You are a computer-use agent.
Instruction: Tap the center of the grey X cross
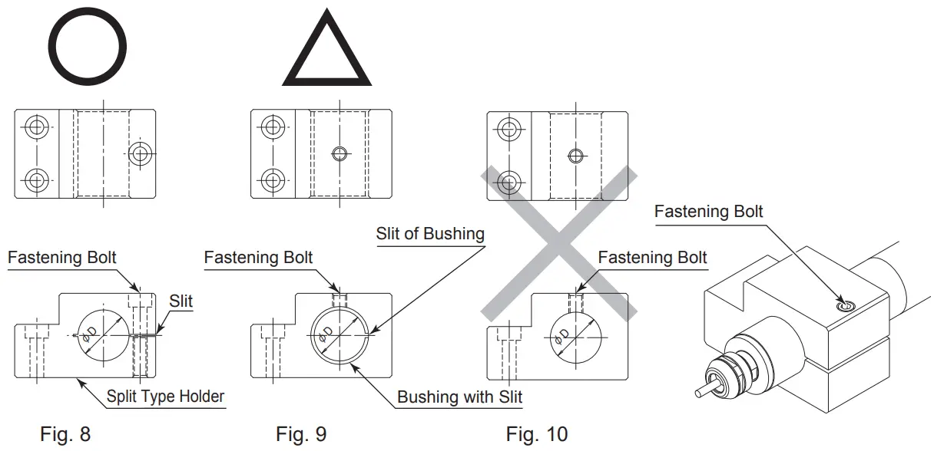click(x=559, y=242)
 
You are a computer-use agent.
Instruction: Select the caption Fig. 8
click(x=65, y=434)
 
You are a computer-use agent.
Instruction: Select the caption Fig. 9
click(x=301, y=434)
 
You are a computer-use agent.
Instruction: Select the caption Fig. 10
click(x=537, y=434)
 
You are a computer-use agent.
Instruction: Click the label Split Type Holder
click(x=164, y=397)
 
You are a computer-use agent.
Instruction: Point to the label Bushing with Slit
click(x=459, y=397)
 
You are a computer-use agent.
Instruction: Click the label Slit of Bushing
click(x=430, y=234)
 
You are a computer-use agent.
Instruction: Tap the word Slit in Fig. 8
click(x=181, y=301)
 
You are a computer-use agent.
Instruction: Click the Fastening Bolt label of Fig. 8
click(x=62, y=257)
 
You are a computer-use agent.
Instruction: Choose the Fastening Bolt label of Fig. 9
click(x=258, y=257)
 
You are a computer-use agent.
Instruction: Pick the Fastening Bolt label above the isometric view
click(x=708, y=211)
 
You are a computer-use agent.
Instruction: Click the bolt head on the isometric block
click(x=845, y=306)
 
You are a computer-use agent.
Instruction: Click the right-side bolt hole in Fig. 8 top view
click(x=139, y=153)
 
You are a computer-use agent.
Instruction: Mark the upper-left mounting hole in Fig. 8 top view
click(x=36, y=127)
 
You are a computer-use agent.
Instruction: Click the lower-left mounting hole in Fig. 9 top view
click(x=272, y=181)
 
